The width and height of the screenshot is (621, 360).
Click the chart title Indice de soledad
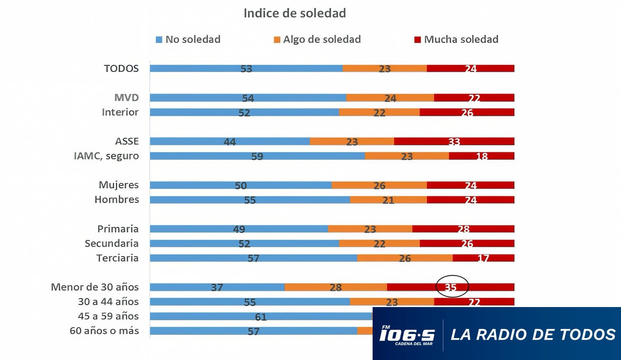tap(294, 13)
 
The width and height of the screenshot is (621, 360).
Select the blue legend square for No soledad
tap(159, 40)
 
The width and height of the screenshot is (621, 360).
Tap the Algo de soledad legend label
tap(322, 39)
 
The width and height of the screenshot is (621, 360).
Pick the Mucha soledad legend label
tap(461, 39)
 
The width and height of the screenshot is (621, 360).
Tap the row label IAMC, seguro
tap(106, 156)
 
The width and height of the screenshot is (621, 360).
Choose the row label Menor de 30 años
tap(94, 287)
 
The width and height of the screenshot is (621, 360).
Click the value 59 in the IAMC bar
tap(257, 156)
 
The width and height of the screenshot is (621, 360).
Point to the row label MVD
tap(126, 98)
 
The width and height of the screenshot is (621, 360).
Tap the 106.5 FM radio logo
tap(407, 335)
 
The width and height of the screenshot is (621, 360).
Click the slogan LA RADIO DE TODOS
tap(533, 334)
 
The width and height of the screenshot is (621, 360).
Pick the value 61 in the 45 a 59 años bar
tap(260, 317)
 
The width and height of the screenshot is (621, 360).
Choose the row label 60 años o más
tap(104, 331)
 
